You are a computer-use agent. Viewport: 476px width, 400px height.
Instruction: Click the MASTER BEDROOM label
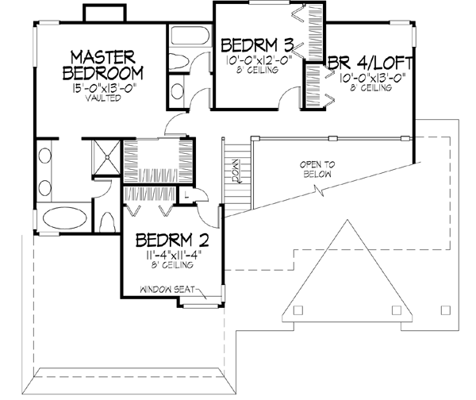(x=105, y=64)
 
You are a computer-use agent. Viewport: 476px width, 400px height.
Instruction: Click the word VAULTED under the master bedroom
(x=105, y=98)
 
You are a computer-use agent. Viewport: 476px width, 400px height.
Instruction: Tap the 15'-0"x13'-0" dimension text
(x=105, y=87)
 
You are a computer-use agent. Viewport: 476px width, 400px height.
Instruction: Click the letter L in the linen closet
(x=184, y=194)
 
